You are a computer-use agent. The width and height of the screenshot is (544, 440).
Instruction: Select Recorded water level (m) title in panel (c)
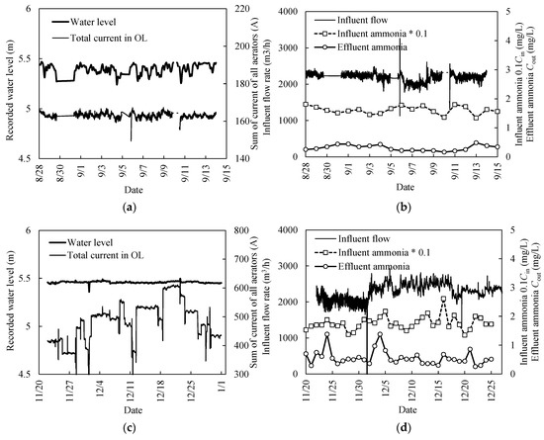coord(8,303)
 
